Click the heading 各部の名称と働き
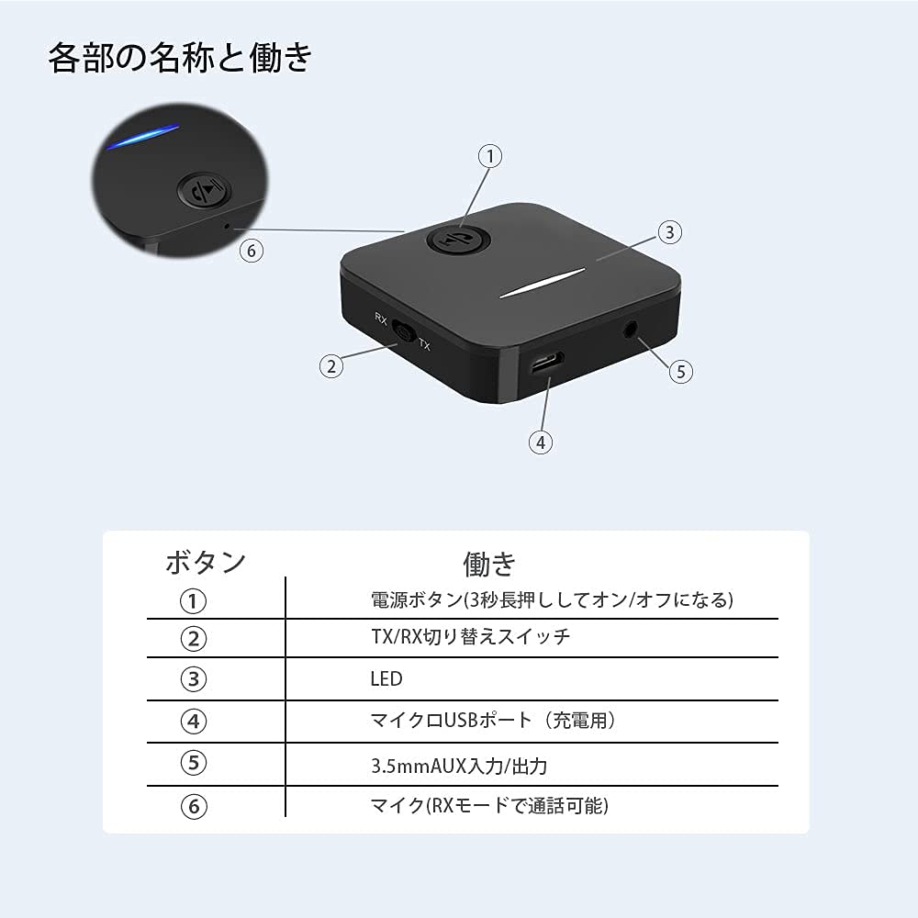point(180,58)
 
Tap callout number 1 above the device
point(490,156)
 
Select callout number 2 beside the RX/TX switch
point(331,366)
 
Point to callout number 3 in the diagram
point(670,232)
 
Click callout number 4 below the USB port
point(541,442)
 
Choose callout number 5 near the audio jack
point(681,371)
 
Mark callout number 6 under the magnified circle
point(252,251)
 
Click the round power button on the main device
point(458,240)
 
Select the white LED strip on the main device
point(543,283)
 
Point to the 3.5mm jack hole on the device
point(631,329)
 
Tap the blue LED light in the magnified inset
point(142,136)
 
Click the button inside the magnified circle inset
point(204,190)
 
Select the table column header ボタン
point(206,562)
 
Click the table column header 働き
point(489,564)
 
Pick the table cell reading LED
point(386,679)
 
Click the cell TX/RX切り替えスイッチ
point(471,636)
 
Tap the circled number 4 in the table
point(193,722)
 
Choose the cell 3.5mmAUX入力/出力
point(459,766)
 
